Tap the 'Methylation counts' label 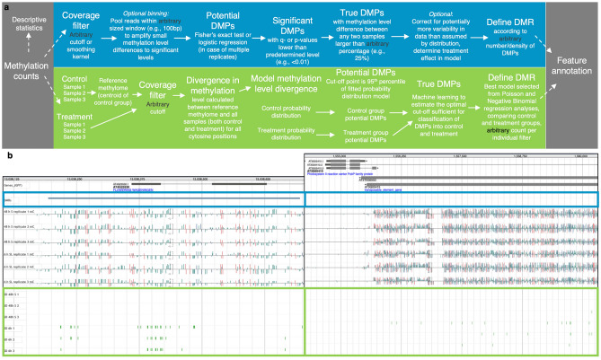[27, 71]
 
